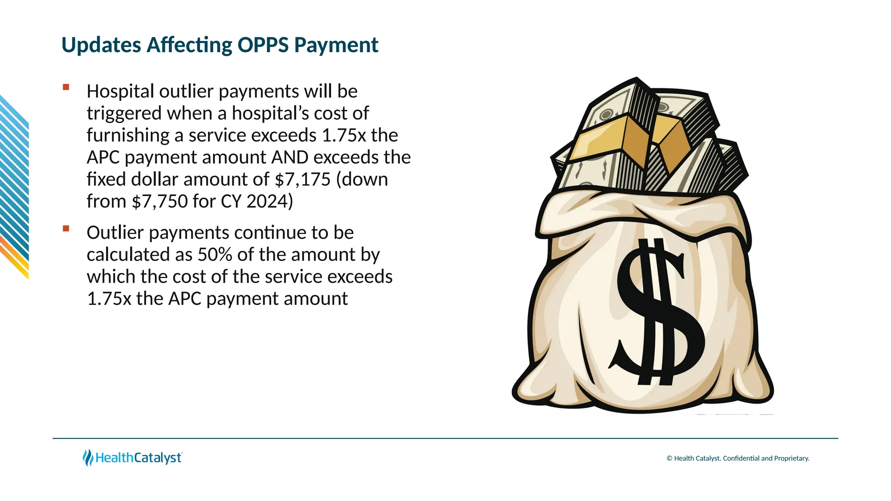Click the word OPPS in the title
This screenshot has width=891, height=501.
coord(263,45)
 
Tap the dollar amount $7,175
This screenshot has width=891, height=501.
coord(303,179)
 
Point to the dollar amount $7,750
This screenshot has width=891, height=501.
coord(159,201)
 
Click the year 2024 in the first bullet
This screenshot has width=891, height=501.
coord(267,201)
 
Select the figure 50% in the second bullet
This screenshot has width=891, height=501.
coord(215,255)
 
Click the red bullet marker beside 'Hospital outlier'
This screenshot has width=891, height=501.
coord(66,87)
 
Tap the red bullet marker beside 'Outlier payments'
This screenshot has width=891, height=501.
coord(66,229)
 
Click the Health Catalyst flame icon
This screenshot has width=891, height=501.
coord(88,458)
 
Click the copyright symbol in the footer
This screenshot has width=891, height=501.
coord(670,458)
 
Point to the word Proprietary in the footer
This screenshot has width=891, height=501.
coord(791,458)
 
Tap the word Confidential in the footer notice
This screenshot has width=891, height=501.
coord(741,458)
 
